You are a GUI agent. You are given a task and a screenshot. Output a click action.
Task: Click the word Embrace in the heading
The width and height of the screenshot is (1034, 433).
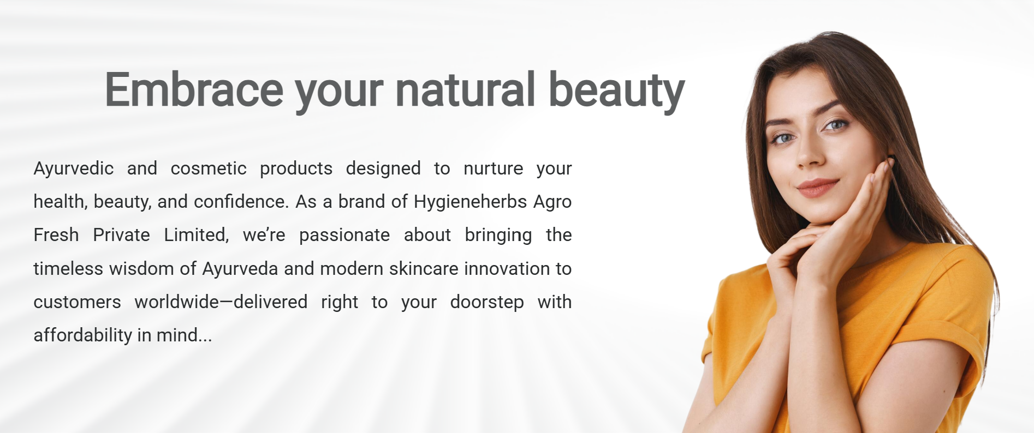194,89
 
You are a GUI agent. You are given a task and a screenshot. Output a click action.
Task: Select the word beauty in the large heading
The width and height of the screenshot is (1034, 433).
616,92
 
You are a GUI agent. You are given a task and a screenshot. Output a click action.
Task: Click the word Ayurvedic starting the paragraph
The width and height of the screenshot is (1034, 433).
74,169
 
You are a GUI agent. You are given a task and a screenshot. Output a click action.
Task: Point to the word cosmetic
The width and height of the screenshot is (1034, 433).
209,169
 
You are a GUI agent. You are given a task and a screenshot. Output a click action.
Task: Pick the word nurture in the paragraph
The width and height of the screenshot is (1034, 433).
493,169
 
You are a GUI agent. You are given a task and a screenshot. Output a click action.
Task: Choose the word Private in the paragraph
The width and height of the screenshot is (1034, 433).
121,235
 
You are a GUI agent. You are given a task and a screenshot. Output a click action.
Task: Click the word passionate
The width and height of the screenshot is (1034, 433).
344,236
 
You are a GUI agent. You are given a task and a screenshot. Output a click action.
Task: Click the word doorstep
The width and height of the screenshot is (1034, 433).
487,303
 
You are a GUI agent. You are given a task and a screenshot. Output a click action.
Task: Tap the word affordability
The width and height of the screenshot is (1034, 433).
83,335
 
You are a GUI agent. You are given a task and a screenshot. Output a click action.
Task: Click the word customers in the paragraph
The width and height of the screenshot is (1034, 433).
78,302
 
